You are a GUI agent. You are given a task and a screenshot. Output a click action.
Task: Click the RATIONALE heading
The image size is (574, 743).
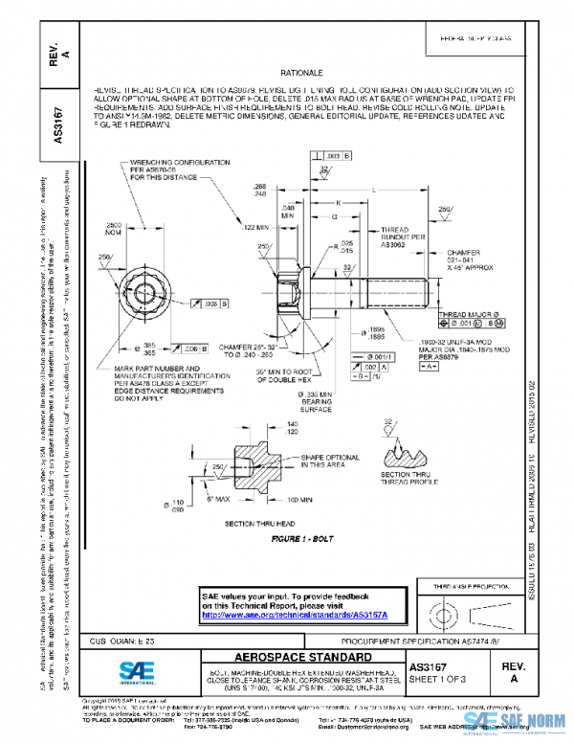[x=302, y=73]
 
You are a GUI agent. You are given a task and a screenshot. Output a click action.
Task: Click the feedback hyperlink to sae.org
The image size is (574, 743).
[x=298, y=613]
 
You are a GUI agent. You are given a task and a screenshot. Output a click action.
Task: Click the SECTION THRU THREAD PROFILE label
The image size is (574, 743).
[x=407, y=479]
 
